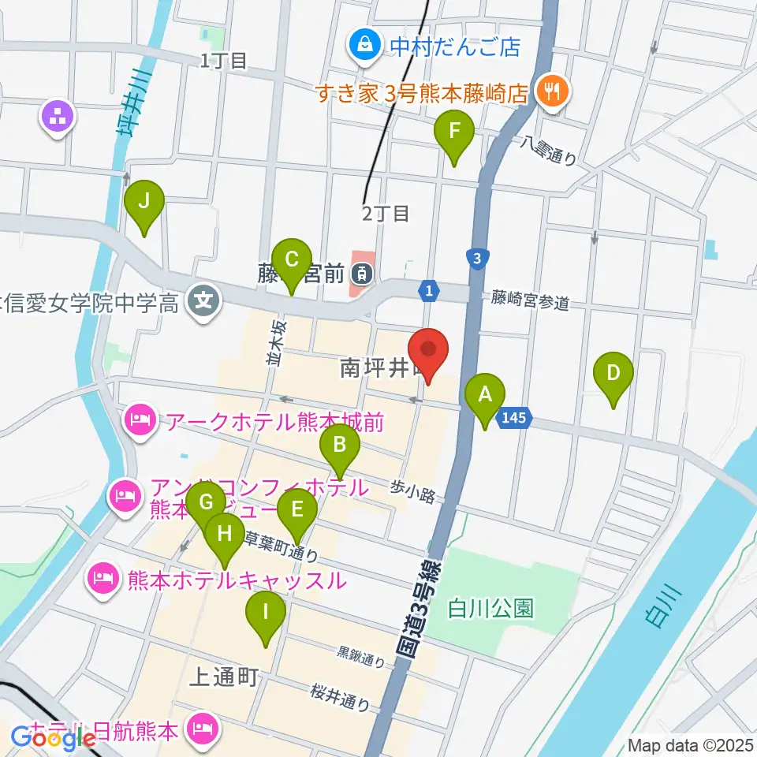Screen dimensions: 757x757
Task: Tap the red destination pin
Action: pos(428,355)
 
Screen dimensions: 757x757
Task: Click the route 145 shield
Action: pos(514,420)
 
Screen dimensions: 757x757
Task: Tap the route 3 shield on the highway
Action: pos(475,258)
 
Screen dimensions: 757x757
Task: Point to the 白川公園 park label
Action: pos(490,608)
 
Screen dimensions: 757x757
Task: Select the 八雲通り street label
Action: pos(548,149)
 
